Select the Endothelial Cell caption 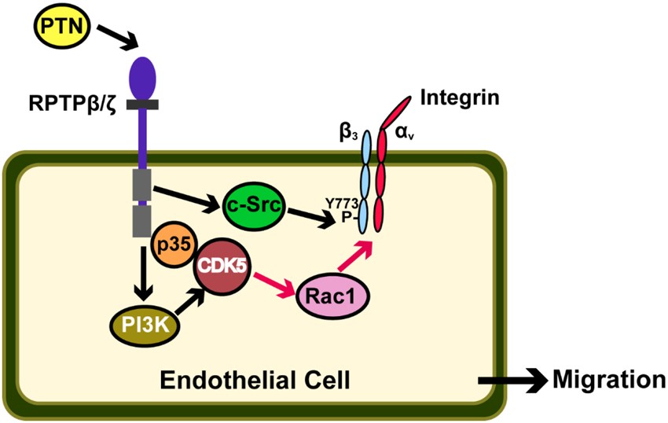pos(255,381)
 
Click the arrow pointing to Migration pos(511,381)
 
